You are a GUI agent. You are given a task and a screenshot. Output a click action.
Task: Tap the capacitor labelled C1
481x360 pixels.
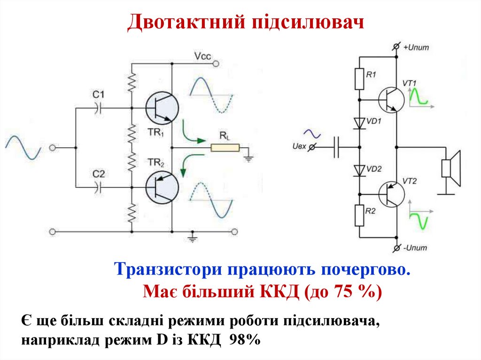[99, 108]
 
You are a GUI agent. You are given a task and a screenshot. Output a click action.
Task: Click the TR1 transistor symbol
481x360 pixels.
[161, 108]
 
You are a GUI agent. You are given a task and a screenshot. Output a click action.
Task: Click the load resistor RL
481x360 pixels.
[225, 148]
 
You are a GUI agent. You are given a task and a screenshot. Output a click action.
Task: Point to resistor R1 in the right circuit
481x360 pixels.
[359, 79]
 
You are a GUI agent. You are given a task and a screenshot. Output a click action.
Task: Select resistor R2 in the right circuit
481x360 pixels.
[359, 215]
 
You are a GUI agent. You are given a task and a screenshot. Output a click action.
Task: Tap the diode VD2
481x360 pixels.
[359, 170]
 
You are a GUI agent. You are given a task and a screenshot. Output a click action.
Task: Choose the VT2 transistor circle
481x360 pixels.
[391, 193]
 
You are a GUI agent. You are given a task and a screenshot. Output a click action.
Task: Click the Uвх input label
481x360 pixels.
[299, 147]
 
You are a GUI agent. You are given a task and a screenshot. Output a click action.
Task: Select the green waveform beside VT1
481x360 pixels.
[418, 97]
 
